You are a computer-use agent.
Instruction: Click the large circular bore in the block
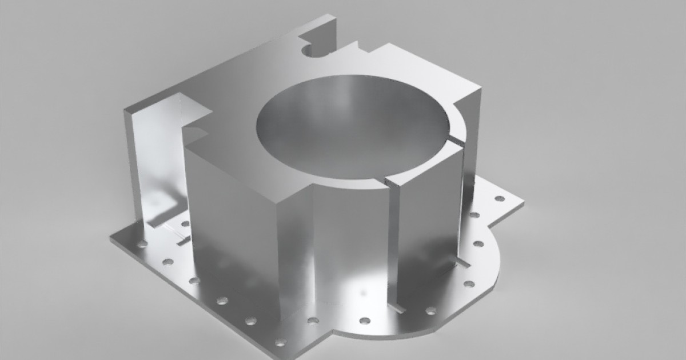[x=352, y=129]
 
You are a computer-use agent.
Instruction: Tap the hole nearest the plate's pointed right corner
[x=500, y=198]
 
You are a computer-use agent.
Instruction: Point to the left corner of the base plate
[x=112, y=239]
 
